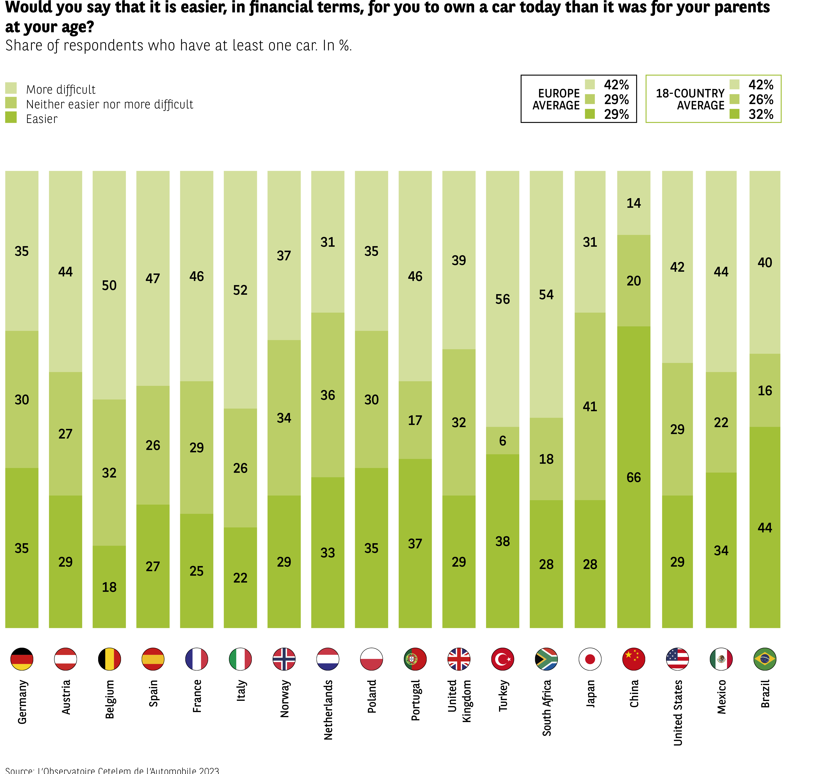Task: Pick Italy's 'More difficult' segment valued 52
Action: click(240, 290)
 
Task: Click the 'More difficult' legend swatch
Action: click(11, 88)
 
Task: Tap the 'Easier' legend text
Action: click(42, 119)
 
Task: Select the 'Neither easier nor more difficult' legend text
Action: click(109, 104)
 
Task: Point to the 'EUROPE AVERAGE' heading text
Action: click(556, 99)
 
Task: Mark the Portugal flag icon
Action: click(415, 659)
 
